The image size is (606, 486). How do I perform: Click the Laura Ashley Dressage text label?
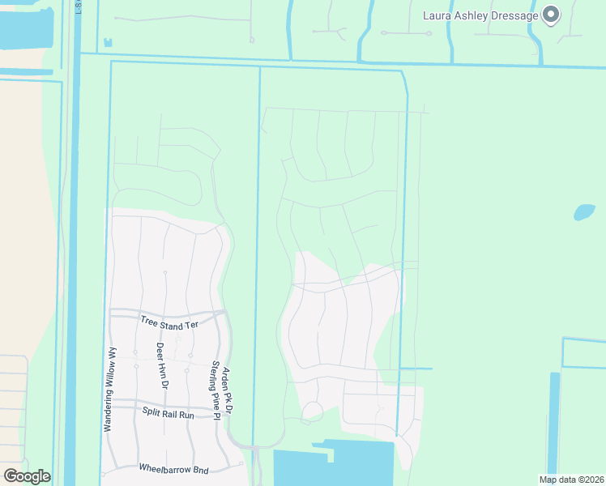480,15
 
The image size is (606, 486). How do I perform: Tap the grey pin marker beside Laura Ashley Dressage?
552,15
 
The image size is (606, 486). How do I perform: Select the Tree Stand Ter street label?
169,322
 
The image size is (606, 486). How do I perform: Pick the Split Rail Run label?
169,413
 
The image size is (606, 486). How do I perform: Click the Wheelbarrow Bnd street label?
173,469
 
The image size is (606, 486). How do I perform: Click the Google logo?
28,475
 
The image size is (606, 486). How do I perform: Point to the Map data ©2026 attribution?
570,479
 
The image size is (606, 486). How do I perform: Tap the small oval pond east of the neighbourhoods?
584,212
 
